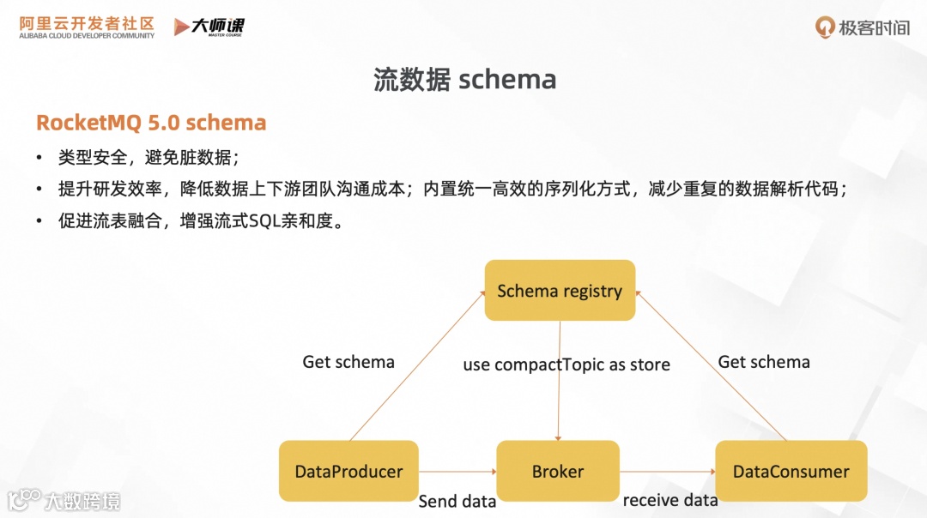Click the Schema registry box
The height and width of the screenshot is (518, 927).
[x=560, y=291]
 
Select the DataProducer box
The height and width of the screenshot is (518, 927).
[x=348, y=471]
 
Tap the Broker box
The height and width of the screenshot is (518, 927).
[x=558, y=471]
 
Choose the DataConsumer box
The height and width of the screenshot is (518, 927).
[x=791, y=471]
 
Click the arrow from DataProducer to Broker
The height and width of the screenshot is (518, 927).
[x=457, y=471]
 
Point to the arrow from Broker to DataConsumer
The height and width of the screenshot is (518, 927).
[x=668, y=471]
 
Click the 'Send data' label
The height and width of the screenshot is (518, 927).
[x=457, y=501]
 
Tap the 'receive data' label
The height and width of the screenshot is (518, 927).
[x=669, y=500]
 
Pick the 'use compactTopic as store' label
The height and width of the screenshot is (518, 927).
[x=566, y=364]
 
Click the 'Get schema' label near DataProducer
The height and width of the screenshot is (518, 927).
[x=348, y=362]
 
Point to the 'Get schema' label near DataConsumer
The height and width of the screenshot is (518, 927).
[x=764, y=362]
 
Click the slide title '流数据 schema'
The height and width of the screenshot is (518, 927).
[x=464, y=80]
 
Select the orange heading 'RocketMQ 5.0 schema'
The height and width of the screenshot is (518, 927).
[x=151, y=123]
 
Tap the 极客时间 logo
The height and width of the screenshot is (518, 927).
[x=863, y=27]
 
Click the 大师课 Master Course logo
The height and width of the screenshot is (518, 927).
[x=209, y=27]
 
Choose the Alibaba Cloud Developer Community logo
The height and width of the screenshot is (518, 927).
[x=87, y=27]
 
